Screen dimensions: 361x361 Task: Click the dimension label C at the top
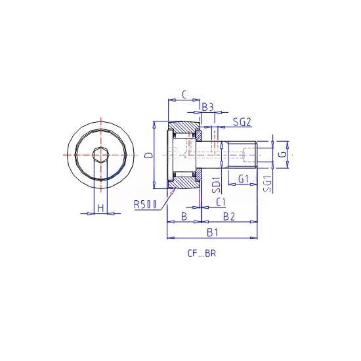(x=185, y=95)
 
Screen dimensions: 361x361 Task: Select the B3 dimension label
(x=208, y=107)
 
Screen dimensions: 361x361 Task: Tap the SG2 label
(x=242, y=122)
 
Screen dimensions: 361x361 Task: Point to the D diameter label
(x=150, y=155)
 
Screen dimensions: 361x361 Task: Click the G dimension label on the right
(x=284, y=154)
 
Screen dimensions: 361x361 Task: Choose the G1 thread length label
(x=244, y=179)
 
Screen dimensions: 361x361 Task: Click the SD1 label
(x=216, y=185)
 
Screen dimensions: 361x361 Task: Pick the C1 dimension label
(x=221, y=202)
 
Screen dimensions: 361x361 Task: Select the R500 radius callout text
(x=145, y=204)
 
